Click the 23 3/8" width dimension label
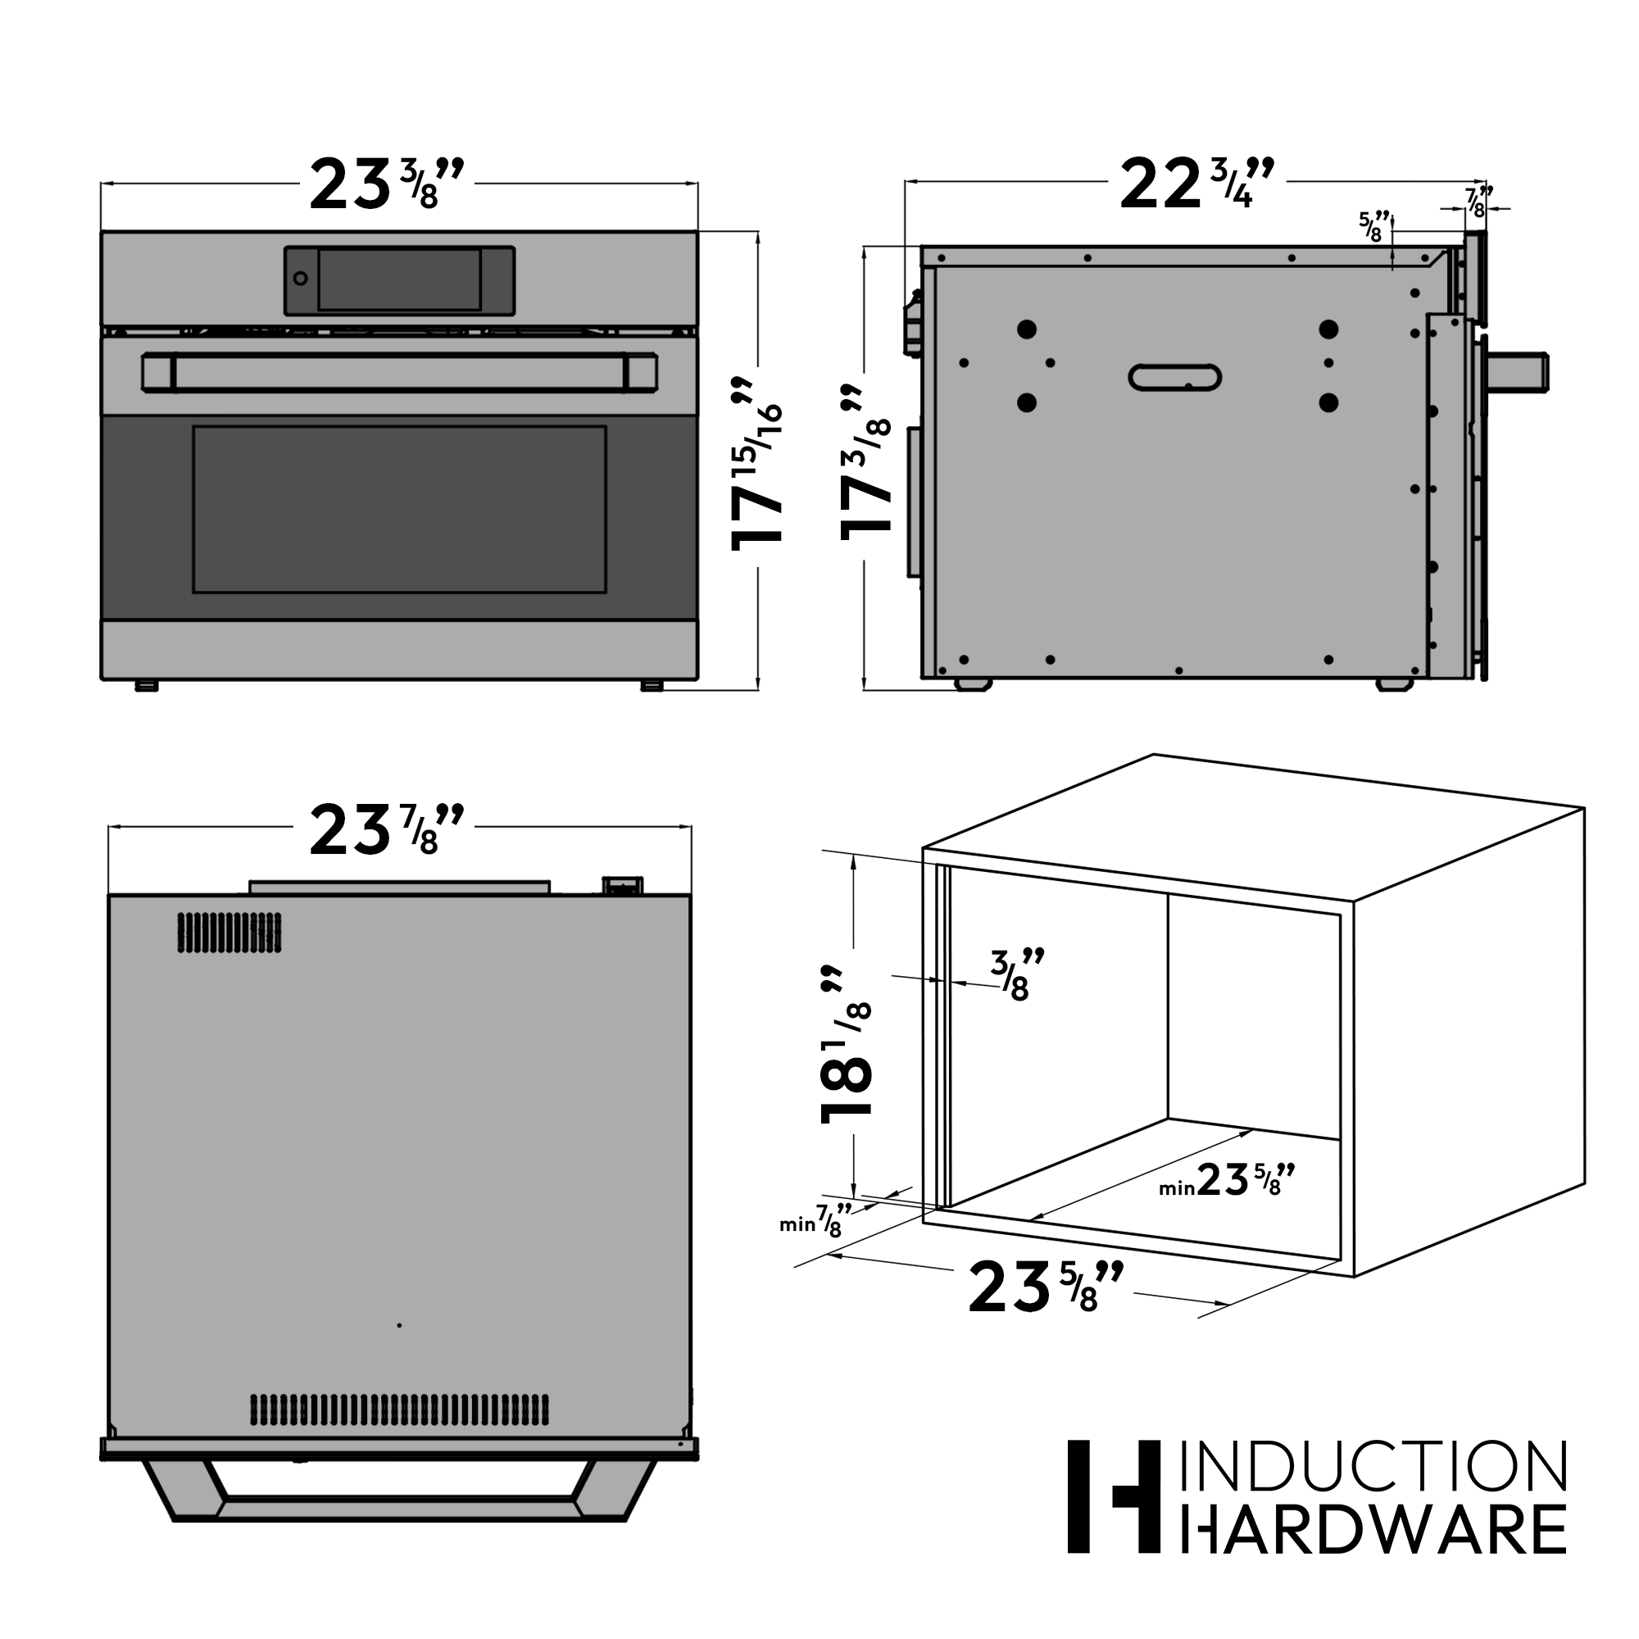[x=386, y=185]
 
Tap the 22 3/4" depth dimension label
[x=1196, y=185]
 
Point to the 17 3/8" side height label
[x=865, y=462]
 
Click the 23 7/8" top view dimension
[x=386, y=829]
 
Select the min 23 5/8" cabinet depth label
[x=1227, y=1180]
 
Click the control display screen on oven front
[x=399, y=280]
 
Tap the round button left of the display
[x=300, y=279]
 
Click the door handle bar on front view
[x=399, y=373]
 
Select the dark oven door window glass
[x=399, y=509]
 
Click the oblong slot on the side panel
[x=1174, y=378]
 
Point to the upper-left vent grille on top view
[x=229, y=933]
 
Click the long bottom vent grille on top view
[x=399, y=1409]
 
